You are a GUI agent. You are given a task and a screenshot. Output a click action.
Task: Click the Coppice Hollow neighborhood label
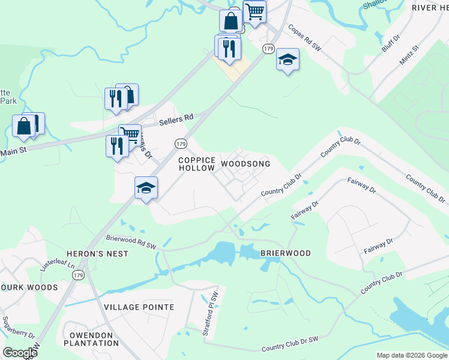(x=197, y=164)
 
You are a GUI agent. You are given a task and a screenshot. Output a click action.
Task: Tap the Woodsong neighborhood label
(x=246, y=164)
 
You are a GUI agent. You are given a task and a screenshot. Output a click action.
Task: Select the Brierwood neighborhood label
(x=286, y=253)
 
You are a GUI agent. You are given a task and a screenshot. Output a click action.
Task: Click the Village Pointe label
(x=139, y=307)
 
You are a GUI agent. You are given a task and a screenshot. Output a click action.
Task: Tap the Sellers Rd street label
(x=177, y=119)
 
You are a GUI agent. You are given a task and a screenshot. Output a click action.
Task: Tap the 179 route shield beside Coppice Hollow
(x=181, y=144)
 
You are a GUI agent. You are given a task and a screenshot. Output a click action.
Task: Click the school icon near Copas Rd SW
(x=288, y=60)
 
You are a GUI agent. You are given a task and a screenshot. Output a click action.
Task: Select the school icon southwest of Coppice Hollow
(x=146, y=188)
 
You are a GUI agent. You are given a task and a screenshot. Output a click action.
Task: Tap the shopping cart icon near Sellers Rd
(x=130, y=134)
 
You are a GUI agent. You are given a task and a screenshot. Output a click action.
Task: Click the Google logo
(x=20, y=353)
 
